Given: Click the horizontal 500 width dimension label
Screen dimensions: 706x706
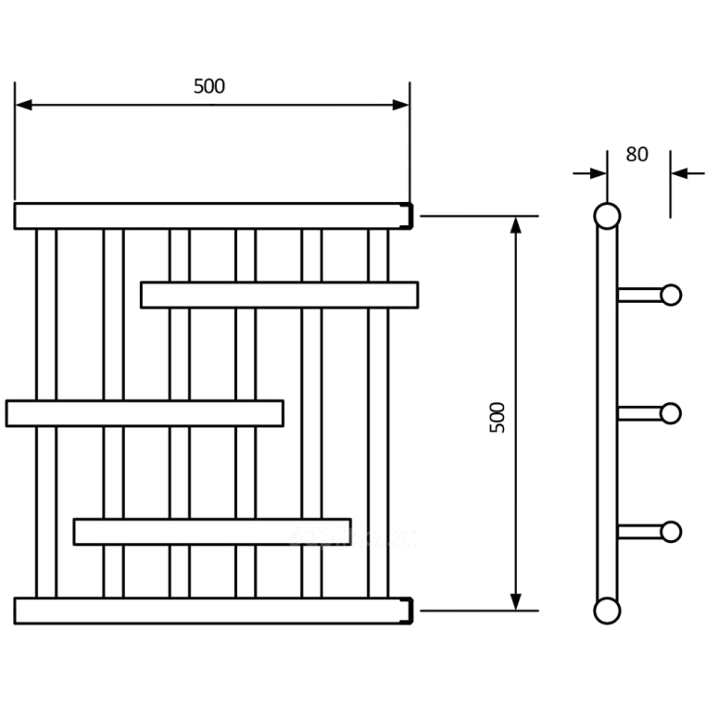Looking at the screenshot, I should pyautogui.click(x=209, y=86).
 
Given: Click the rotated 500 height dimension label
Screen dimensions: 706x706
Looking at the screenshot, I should pyautogui.click(x=498, y=419).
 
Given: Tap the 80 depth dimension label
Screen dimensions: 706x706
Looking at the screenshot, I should pyautogui.click(x=637, y=155).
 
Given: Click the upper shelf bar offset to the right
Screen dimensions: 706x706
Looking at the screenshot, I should pyautogui.click(x=279, y=295).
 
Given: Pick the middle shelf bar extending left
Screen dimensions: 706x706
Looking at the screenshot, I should pyautogui.click(x=145, y=413).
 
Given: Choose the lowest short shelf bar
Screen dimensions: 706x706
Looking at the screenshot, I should pyautogui.click(x=212, y=531).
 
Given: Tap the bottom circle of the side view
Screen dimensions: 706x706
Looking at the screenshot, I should pyautogui.click(x=607, y=610).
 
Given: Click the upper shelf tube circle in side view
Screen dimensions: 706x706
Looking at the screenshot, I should pyautogui.click(x=671, y=295).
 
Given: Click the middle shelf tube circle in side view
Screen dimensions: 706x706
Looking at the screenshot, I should pyautogui.click(x=671, y=413).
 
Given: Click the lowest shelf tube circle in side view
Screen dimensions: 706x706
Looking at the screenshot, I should pyautogui.click(x=671, y=531).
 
